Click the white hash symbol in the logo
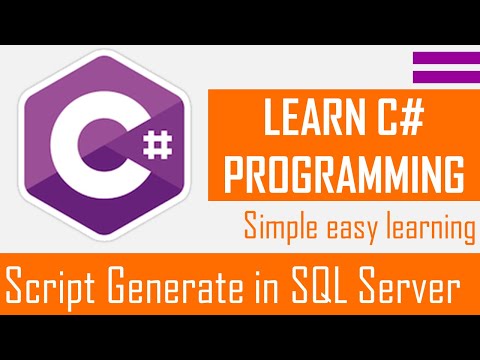[x=157, y=150]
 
